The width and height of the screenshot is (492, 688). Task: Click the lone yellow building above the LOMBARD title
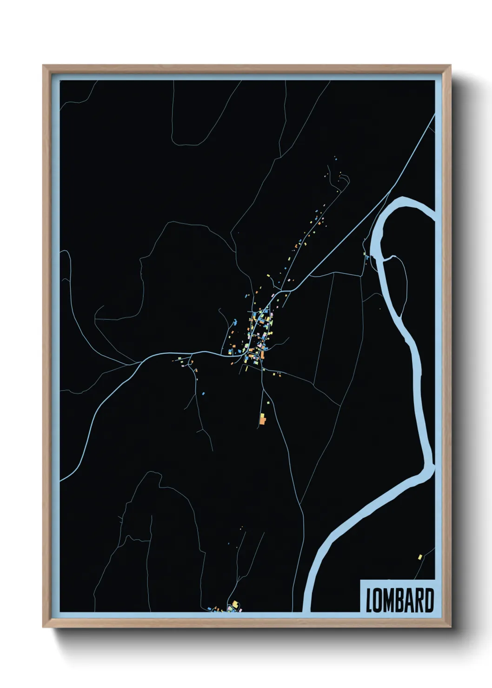tap(420, 556)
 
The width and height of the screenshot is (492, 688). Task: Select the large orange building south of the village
tap(263, 421)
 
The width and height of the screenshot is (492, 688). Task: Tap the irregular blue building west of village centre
tap(235, 322)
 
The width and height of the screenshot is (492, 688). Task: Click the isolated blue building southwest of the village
tap(203, 393)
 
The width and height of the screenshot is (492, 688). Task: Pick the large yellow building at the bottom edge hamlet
tap(235, 604)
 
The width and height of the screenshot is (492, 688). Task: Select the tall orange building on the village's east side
tap(263, 354)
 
